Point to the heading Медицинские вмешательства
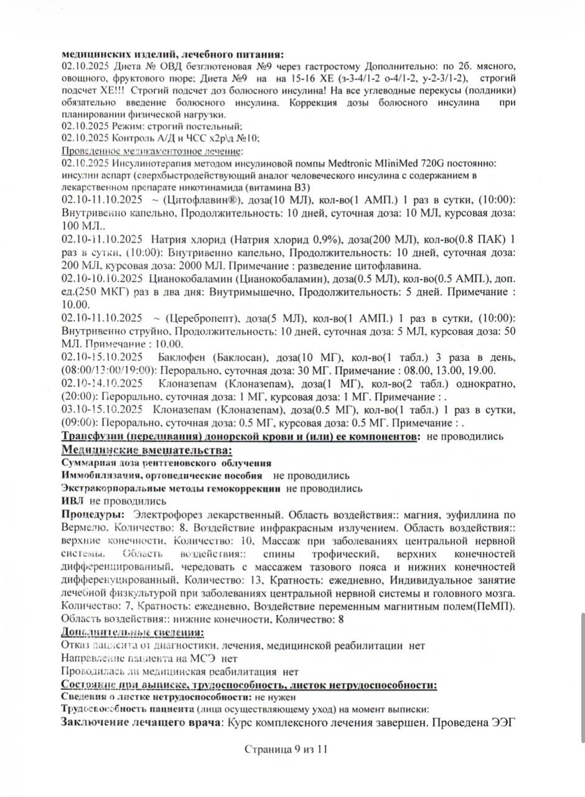click(x=146, y=450)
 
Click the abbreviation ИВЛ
click(x=72, y=501)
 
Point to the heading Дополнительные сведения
click(x=132, y=633)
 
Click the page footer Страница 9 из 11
click(x=286, y=749)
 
